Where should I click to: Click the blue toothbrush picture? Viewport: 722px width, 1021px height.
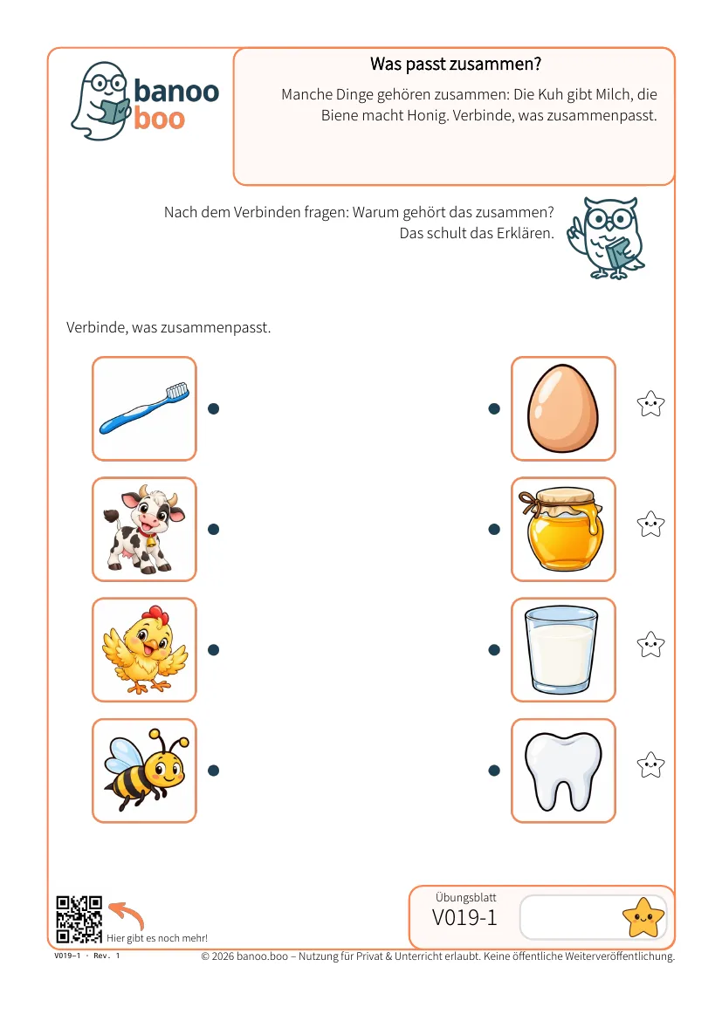tap(145, 408)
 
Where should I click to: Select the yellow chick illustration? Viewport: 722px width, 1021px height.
tap(145, 650)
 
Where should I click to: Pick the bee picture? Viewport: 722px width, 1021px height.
tap(146, 771)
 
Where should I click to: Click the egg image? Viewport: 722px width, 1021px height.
tap(563, 408)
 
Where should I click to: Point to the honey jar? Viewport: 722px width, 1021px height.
tap(562, 529)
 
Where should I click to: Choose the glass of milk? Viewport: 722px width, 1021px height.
tap(561, 649)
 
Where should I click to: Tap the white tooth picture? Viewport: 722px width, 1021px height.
tap(563, 771)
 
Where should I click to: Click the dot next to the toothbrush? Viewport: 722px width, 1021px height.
tap(213, 409)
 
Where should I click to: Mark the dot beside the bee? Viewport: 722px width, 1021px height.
tap(213, 771)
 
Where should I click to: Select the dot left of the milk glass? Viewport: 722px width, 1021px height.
tap(494, 650)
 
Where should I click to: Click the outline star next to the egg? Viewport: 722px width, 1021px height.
tap(650, 404)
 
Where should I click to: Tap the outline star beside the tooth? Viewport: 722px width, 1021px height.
tap(650, 765)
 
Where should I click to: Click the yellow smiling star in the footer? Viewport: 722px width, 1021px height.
tap(643, 917)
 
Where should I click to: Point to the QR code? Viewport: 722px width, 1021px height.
tap(79, 920)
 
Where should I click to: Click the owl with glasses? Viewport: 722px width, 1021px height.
tap(606, 238)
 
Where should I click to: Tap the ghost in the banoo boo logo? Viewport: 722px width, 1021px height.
tap(101, 101)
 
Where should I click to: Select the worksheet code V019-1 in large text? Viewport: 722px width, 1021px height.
tap(464, 917)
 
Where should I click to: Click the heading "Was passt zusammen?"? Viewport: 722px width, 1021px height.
tap(456, 64)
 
